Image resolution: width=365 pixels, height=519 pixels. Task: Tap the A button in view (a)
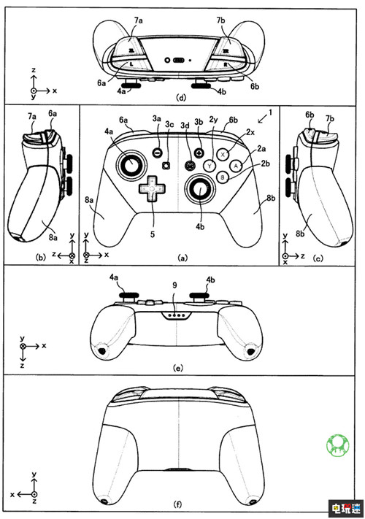235,166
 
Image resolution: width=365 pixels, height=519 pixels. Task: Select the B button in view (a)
223,177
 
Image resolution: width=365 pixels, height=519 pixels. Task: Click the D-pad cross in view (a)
153,188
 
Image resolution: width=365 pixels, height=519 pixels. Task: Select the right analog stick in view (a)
199,191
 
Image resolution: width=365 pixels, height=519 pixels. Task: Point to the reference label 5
153,236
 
